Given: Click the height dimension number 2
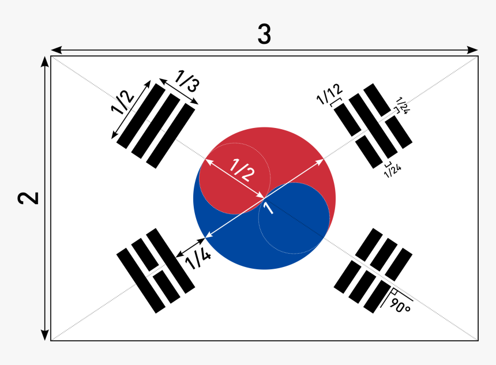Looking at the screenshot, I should click(27, 198).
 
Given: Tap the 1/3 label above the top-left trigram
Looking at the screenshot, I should click(187, 82).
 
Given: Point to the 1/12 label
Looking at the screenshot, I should click(329, 94).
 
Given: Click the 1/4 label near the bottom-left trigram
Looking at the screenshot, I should click(197, 259).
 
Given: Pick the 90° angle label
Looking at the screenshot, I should click(400, 305).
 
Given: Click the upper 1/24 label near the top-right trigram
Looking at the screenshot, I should click(402, 106).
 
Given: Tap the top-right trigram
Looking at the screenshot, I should click(373, 125).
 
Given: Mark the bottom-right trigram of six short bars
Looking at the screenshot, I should click(374, 269).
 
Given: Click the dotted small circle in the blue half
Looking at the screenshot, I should click(294, 219).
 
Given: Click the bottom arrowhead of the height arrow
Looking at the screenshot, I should click(44, 335).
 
